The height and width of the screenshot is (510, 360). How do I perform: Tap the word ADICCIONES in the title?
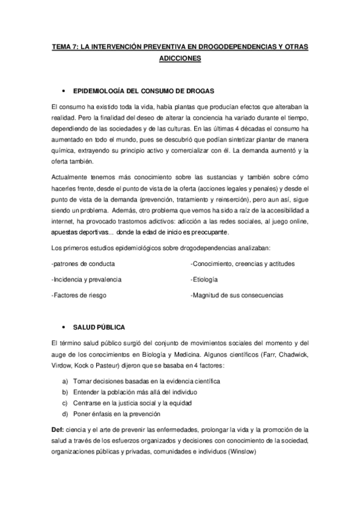point(180,59)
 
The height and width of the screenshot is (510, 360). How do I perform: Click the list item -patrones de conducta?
point(84,263)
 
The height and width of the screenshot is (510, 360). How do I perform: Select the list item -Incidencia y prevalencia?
point(87,279)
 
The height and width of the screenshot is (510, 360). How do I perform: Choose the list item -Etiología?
point(204,279)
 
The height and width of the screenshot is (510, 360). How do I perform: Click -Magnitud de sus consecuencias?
point(236,295)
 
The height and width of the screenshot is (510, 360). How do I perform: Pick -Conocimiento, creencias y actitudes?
point(242,263)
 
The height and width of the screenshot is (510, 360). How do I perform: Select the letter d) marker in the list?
point(64,414)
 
